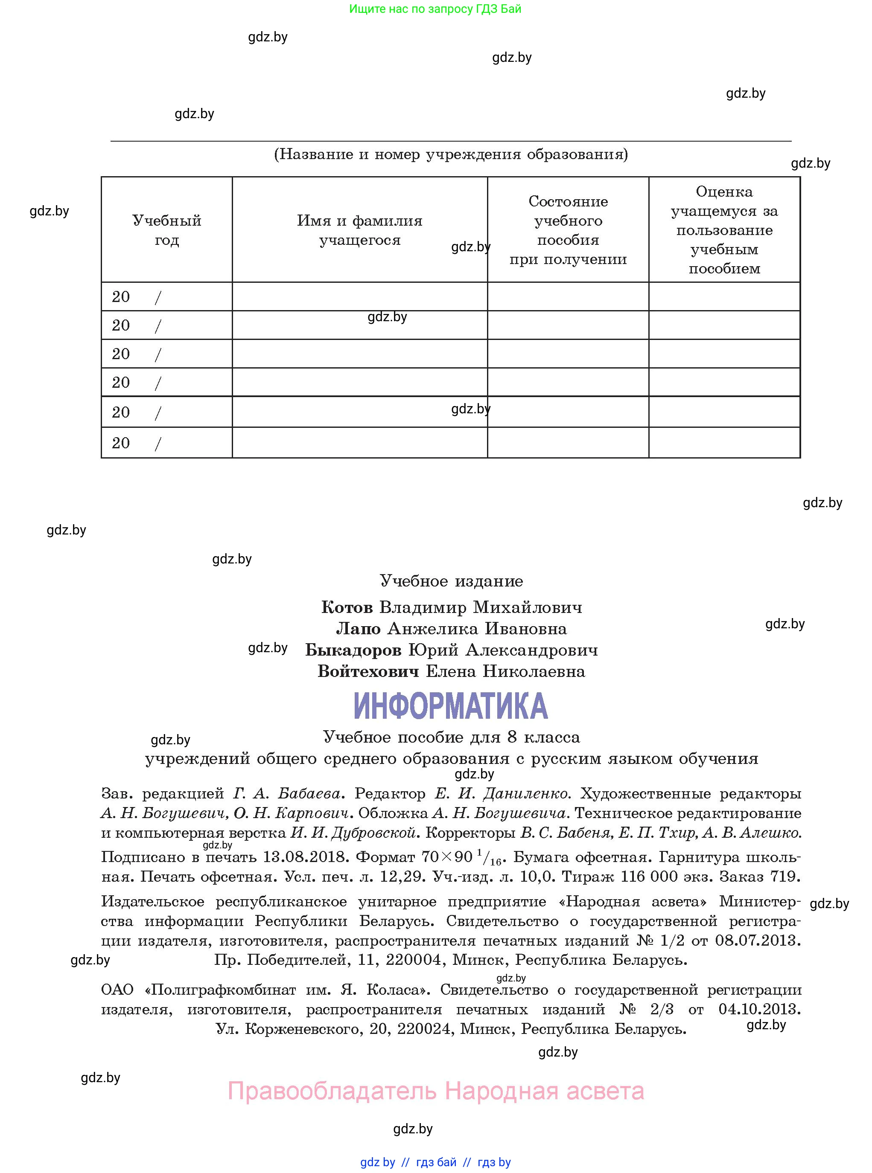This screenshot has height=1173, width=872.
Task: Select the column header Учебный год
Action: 167,230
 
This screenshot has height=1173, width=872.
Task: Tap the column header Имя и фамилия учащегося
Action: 359,230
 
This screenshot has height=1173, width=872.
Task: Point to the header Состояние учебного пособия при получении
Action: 568,230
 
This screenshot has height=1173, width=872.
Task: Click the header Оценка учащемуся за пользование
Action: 724,230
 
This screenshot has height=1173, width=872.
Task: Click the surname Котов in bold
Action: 347,607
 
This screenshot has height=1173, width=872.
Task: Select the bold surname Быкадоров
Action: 353,650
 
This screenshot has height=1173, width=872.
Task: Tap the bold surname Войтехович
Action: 368,671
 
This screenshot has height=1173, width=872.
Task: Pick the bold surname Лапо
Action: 359,629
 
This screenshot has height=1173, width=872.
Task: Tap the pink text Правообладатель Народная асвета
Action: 435,1091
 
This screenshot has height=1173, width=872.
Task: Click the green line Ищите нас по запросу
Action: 435,9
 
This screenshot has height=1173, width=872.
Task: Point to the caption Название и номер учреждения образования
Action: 451,154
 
